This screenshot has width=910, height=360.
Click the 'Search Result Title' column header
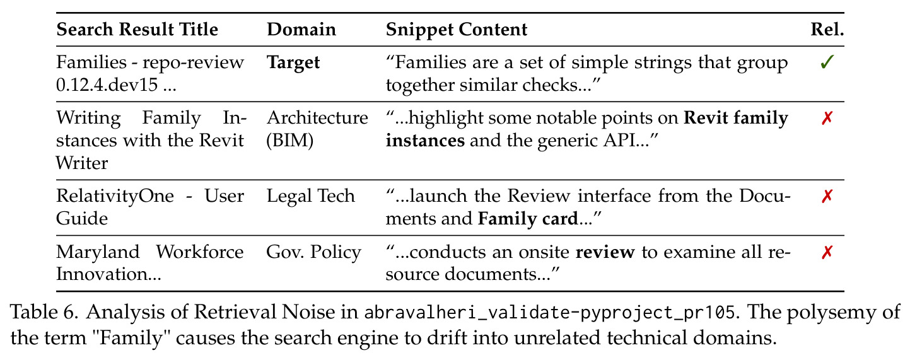[x=137, y=30]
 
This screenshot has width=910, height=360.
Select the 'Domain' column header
[x=301, y=30]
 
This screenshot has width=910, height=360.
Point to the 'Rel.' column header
[x=827, y=30]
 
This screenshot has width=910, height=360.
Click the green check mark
[x=827, y=62]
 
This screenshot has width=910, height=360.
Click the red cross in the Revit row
[x=827, y=119]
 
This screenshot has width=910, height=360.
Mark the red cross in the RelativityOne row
[x=827, y=196]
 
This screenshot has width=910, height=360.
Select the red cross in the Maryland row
[x=827, y=252]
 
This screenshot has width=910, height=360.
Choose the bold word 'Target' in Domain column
[x=293, y=63]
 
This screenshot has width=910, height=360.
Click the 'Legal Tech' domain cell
[x=311, y=196]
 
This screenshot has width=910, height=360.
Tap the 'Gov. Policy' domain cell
[x=313, y=252]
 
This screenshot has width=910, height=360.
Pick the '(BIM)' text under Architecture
[x=290, y=141]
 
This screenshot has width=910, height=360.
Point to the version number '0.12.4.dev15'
[x=107, y=85]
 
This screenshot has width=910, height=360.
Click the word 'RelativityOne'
[x=115, y=196]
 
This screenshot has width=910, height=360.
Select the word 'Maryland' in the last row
[x=98, y=252]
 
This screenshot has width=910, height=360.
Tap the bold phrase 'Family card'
[x=528, y=219]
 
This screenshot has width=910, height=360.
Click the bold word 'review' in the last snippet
[x=605, y=252]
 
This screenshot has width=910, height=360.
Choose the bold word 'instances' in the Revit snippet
[x=425, y=141]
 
